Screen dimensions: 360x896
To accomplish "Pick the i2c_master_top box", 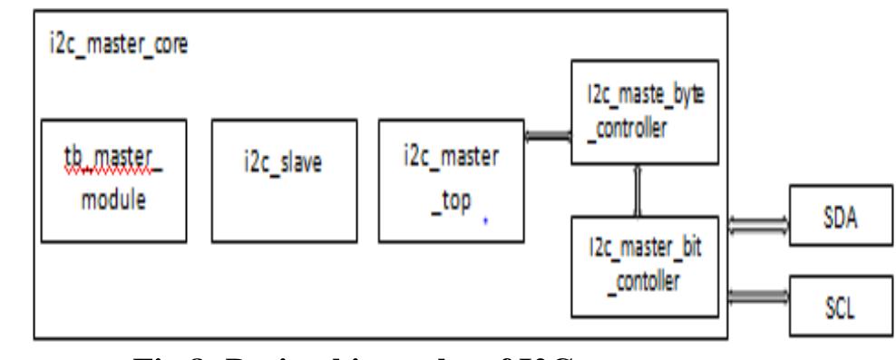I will [x=450, y=180].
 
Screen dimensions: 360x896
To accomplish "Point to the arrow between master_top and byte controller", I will [x=547, y=136].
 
